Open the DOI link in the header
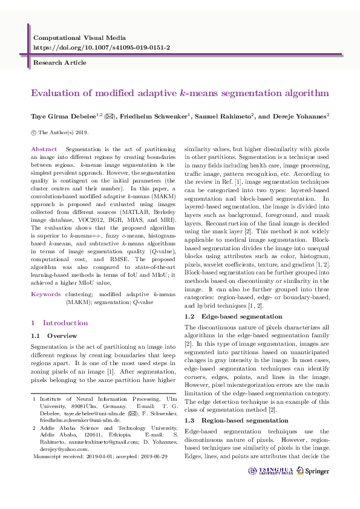[101, 47]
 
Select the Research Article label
[60, 62]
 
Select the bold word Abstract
[44, 149]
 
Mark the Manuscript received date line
[99, 458]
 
